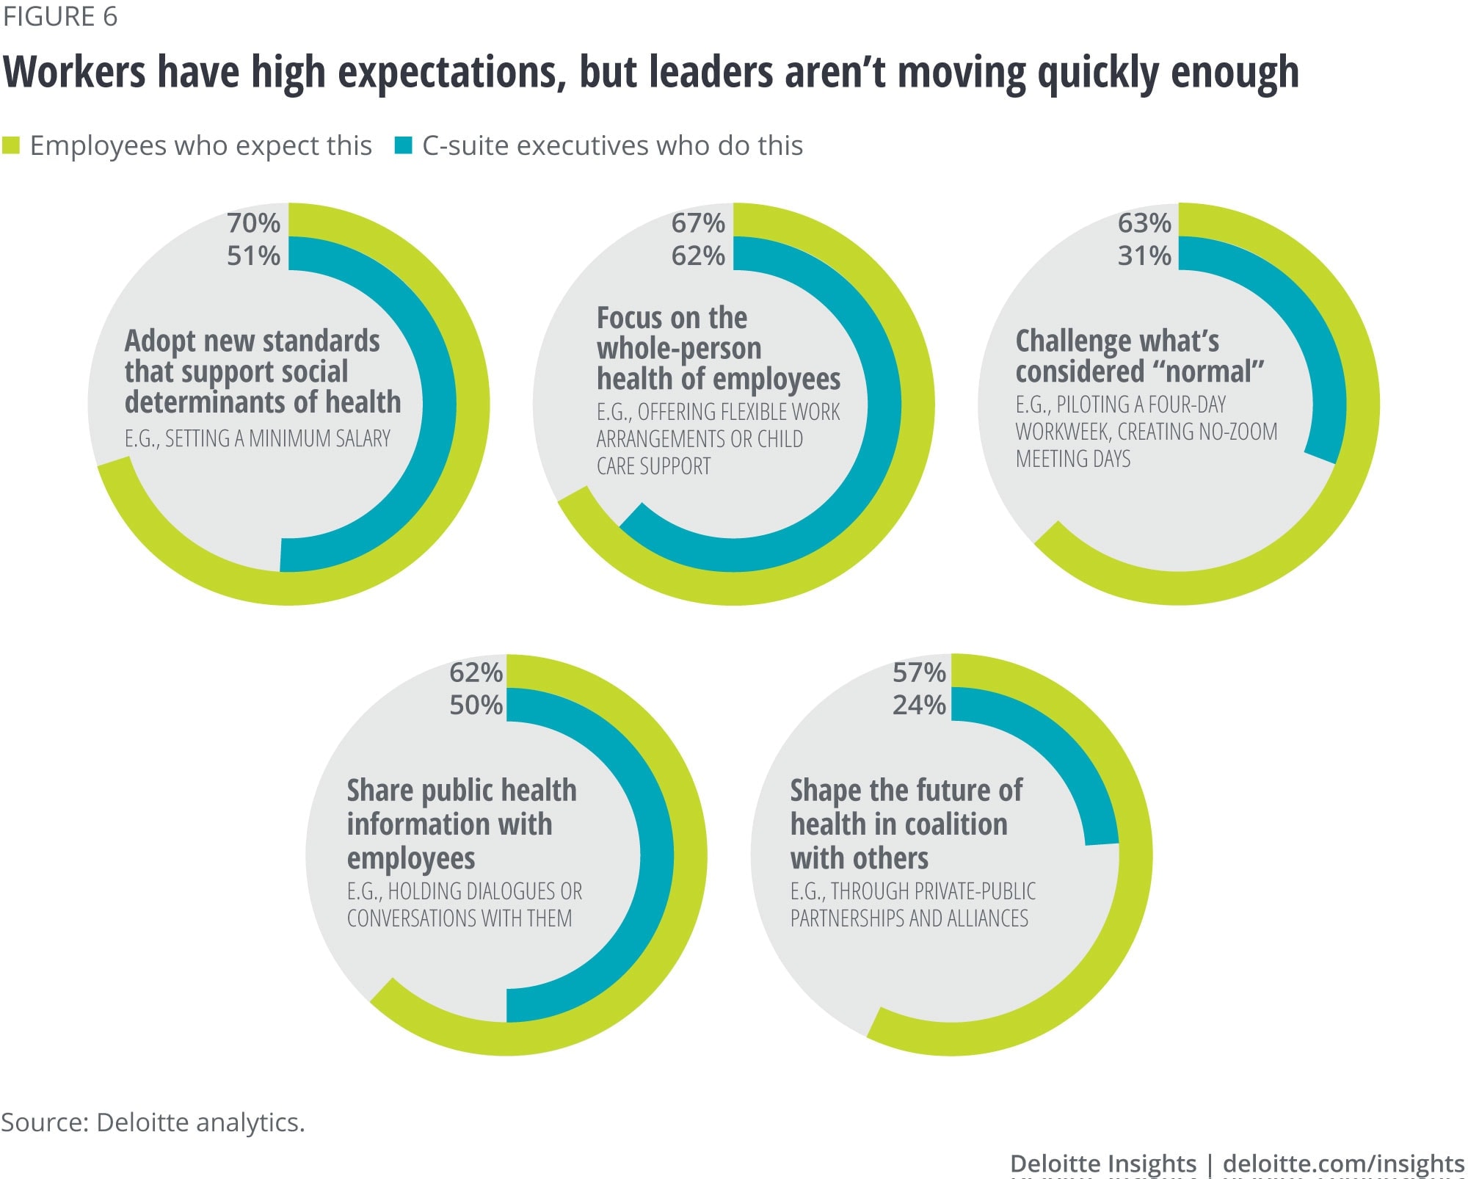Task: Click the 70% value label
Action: [253, 223]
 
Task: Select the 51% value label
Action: [253, 256]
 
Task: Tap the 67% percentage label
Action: [698, 223]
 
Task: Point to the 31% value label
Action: [1144, 256]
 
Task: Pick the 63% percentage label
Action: [1144, 223]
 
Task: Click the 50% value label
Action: [476, 705]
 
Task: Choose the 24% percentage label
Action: [919, 705]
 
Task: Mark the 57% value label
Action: [919, 672]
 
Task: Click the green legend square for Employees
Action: [11, 145]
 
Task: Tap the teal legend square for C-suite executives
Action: [403, 145]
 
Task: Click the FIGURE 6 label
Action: [59, 17]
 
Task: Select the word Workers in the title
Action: [74, 73]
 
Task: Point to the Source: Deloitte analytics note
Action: [153, 1122]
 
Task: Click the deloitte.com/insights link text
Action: [1343, 1164]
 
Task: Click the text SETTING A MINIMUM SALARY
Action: [277, 439]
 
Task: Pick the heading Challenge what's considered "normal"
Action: [1138, 357]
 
